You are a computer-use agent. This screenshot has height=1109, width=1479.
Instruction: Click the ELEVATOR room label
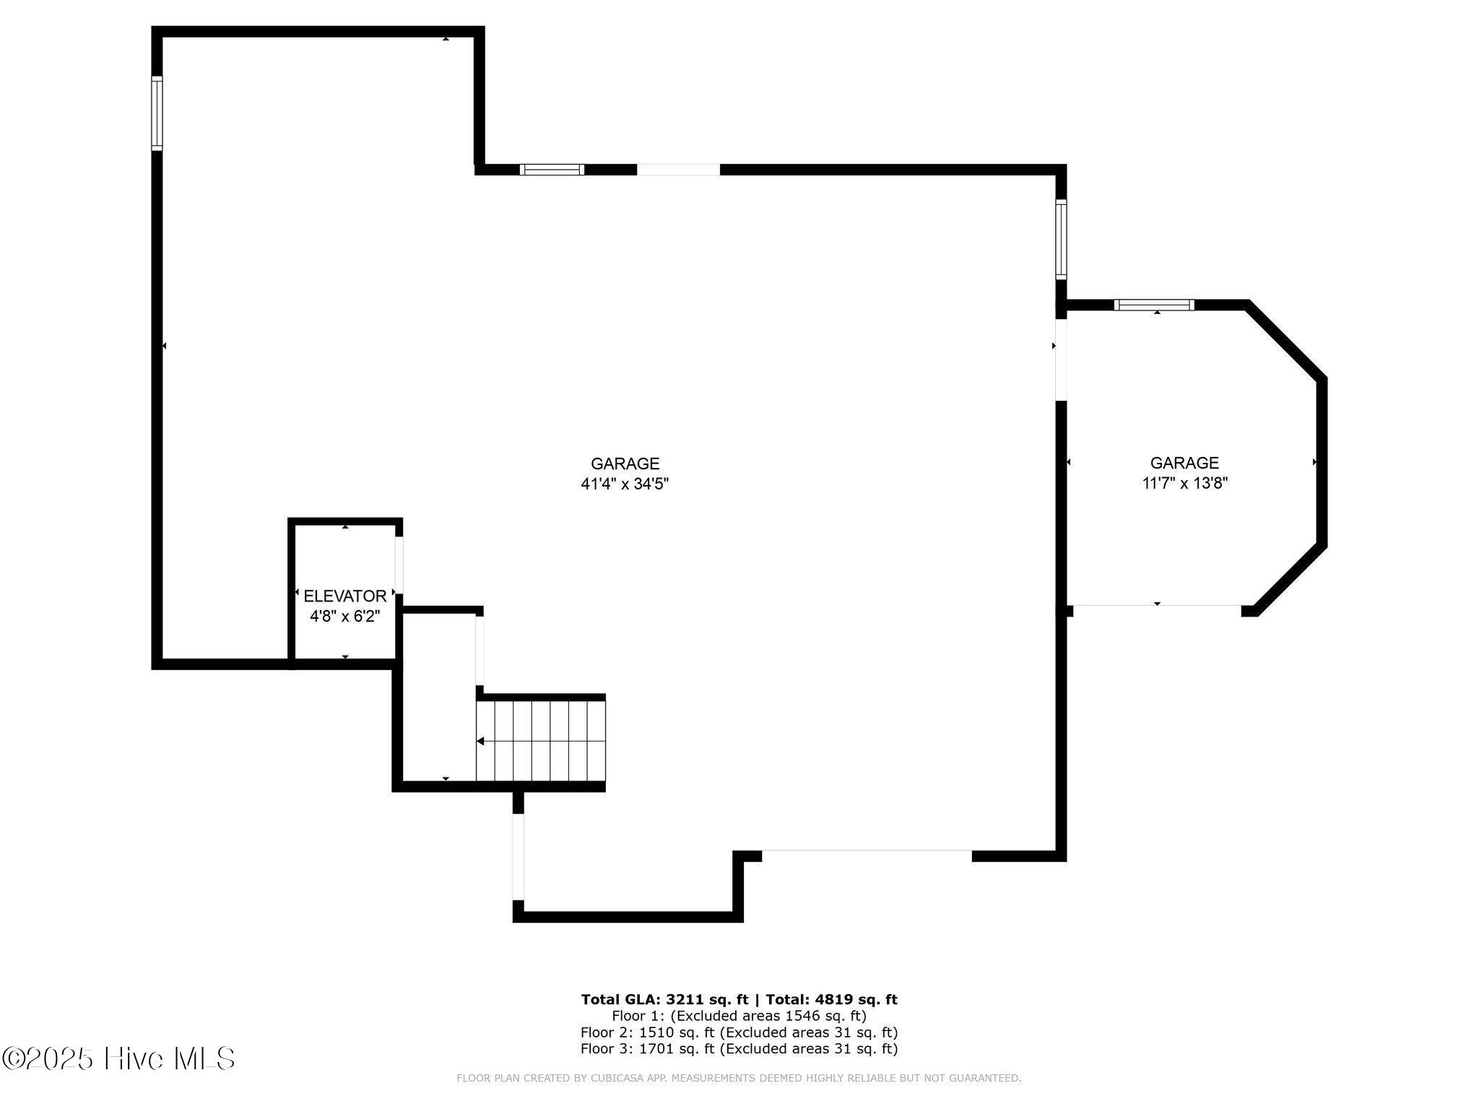click(344, 596)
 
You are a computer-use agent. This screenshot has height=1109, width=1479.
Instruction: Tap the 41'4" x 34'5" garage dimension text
click(625, 484)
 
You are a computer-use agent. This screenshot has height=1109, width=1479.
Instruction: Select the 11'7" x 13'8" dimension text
click(1184, 484)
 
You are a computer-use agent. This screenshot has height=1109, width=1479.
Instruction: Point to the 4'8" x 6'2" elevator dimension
click(344, 616)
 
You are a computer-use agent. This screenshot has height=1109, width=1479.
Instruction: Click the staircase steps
click(540, 741)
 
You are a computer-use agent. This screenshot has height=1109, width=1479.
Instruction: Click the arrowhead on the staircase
click(480, 741)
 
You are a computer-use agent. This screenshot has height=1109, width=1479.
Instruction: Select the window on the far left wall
click(157, 113)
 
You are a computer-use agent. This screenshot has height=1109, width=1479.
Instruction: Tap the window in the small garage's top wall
click(1154, 305)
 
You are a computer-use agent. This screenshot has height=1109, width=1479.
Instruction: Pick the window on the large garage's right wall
click(1061, 239)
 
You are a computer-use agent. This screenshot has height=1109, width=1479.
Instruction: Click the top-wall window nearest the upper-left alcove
click(552, 170)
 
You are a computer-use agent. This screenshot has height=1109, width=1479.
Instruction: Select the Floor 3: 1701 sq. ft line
click(739, 1049)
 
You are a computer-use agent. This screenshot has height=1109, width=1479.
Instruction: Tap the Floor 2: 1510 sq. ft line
click(739, 1032)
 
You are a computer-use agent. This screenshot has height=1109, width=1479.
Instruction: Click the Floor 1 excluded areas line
click(739, 1016)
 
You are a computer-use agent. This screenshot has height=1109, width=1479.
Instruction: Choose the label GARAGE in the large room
click(625, 464)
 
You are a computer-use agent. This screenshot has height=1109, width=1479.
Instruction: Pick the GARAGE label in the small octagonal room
click(1184, 463)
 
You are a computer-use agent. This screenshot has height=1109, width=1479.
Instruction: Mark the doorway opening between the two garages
click(1061, 360)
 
